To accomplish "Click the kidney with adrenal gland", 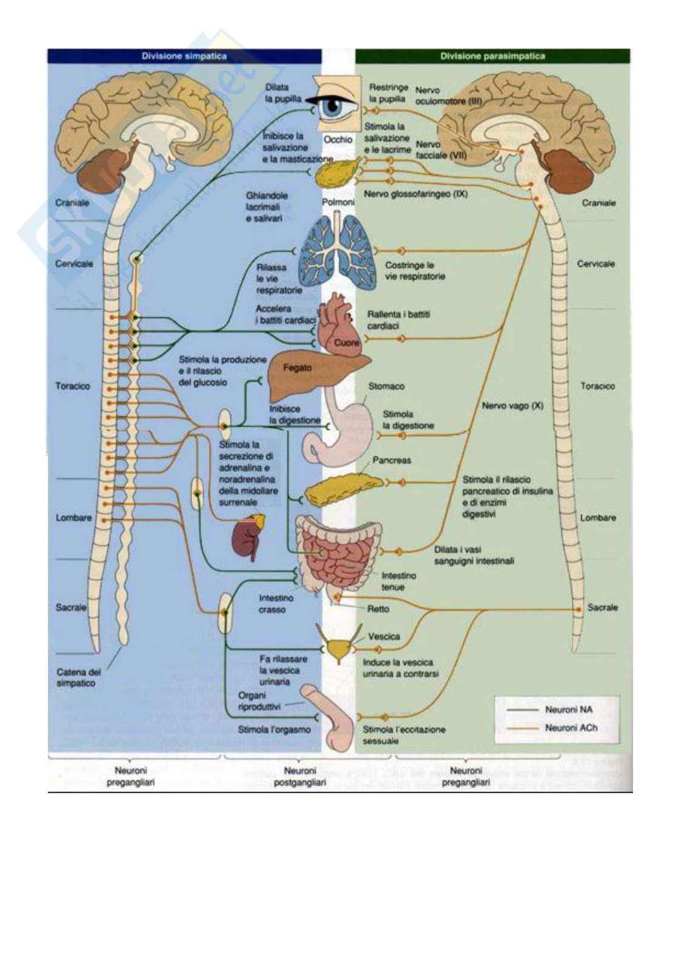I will pyautogui.click(x=248, y=536).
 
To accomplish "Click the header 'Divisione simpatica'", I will pyautogui.click(x=184, y=56).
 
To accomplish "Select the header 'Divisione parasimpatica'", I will pyautogui.click(x=492, y=56).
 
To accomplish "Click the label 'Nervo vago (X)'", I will pyautogui.click(x=512, y=406).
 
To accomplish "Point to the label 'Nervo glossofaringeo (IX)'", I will pyautogui.click(x=416, y=194).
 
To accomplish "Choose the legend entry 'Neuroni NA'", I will pyautogui.click(x=569, y=709).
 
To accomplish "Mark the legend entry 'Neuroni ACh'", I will pyautogui.click(x=571, y=728).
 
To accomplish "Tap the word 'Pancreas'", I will pyautogui.click(x=391, y=460).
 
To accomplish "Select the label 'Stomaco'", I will pyautogui.click(x=386, y=386).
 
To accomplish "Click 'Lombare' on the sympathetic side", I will pyautogui.click(x=74, y=518).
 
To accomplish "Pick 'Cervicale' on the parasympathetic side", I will pyautogui.click(x=595, y=264).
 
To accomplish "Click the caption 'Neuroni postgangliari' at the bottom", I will pyautogui.click(x=300, y=777).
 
